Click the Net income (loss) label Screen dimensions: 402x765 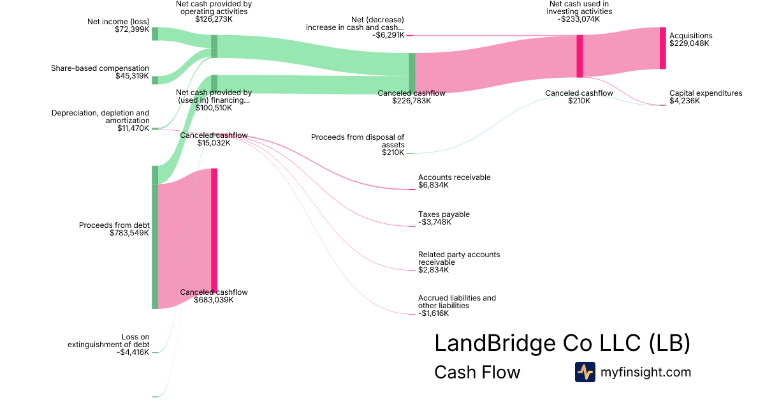point(118,22)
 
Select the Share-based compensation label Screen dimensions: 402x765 point(100,68)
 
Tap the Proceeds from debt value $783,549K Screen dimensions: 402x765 point(129,233)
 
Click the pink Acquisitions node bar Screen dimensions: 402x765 point(662,48)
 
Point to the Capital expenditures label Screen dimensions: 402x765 point(706,93)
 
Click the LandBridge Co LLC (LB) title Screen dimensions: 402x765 point(562,343)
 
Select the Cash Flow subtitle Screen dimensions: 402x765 point(477,372)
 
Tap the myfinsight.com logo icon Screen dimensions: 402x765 point(585,372)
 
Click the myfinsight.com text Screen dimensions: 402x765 point(646,372)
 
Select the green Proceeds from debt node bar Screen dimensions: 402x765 point(155,246)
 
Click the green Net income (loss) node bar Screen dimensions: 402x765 point(155,34)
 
